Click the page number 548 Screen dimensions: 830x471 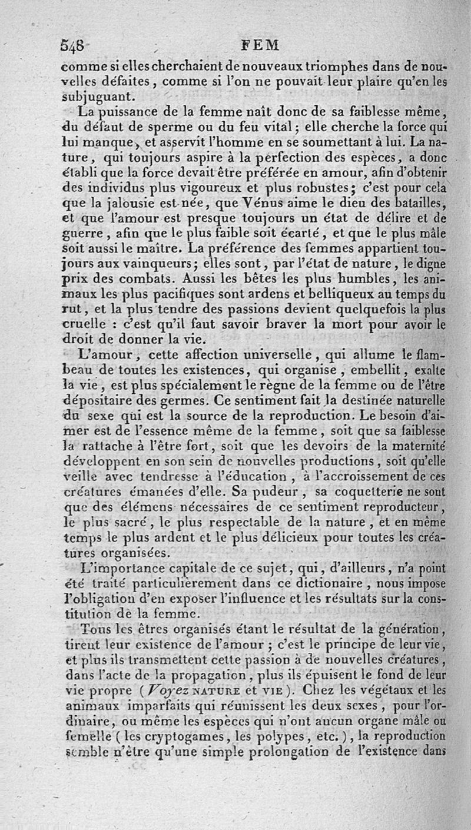(73, 45)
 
